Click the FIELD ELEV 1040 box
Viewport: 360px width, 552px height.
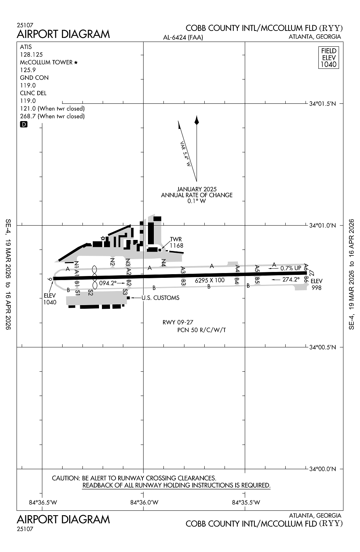tap(328, 57)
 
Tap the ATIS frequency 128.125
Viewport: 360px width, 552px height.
tap(31, 54)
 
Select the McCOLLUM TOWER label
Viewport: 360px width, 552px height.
tap(46, 62)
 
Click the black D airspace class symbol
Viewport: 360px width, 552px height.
tap(24, 124)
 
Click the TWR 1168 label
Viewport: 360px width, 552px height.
tap(176, 243)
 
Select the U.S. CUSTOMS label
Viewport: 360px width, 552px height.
tap(160, 298)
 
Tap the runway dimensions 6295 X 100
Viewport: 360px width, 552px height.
tap(209, 280)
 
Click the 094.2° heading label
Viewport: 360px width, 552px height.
tap(107, 283)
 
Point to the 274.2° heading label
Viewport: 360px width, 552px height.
tap(291, 279)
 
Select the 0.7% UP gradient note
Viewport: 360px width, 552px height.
tap(291, 268)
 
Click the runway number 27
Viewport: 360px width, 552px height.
tap(312, 273)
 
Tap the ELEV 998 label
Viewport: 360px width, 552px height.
tap(316, 284)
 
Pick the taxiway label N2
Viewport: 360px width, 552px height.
tap(113, 262)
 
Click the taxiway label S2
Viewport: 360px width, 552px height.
tap(91, 293)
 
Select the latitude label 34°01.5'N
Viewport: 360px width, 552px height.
tap(322, 104)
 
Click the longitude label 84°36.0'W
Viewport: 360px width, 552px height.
tap(144, 502)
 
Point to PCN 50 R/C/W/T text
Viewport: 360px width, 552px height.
tap(201, 330)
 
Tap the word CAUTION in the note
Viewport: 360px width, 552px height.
tap(66, 478)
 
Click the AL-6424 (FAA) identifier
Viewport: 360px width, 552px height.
tap(183, 37)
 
